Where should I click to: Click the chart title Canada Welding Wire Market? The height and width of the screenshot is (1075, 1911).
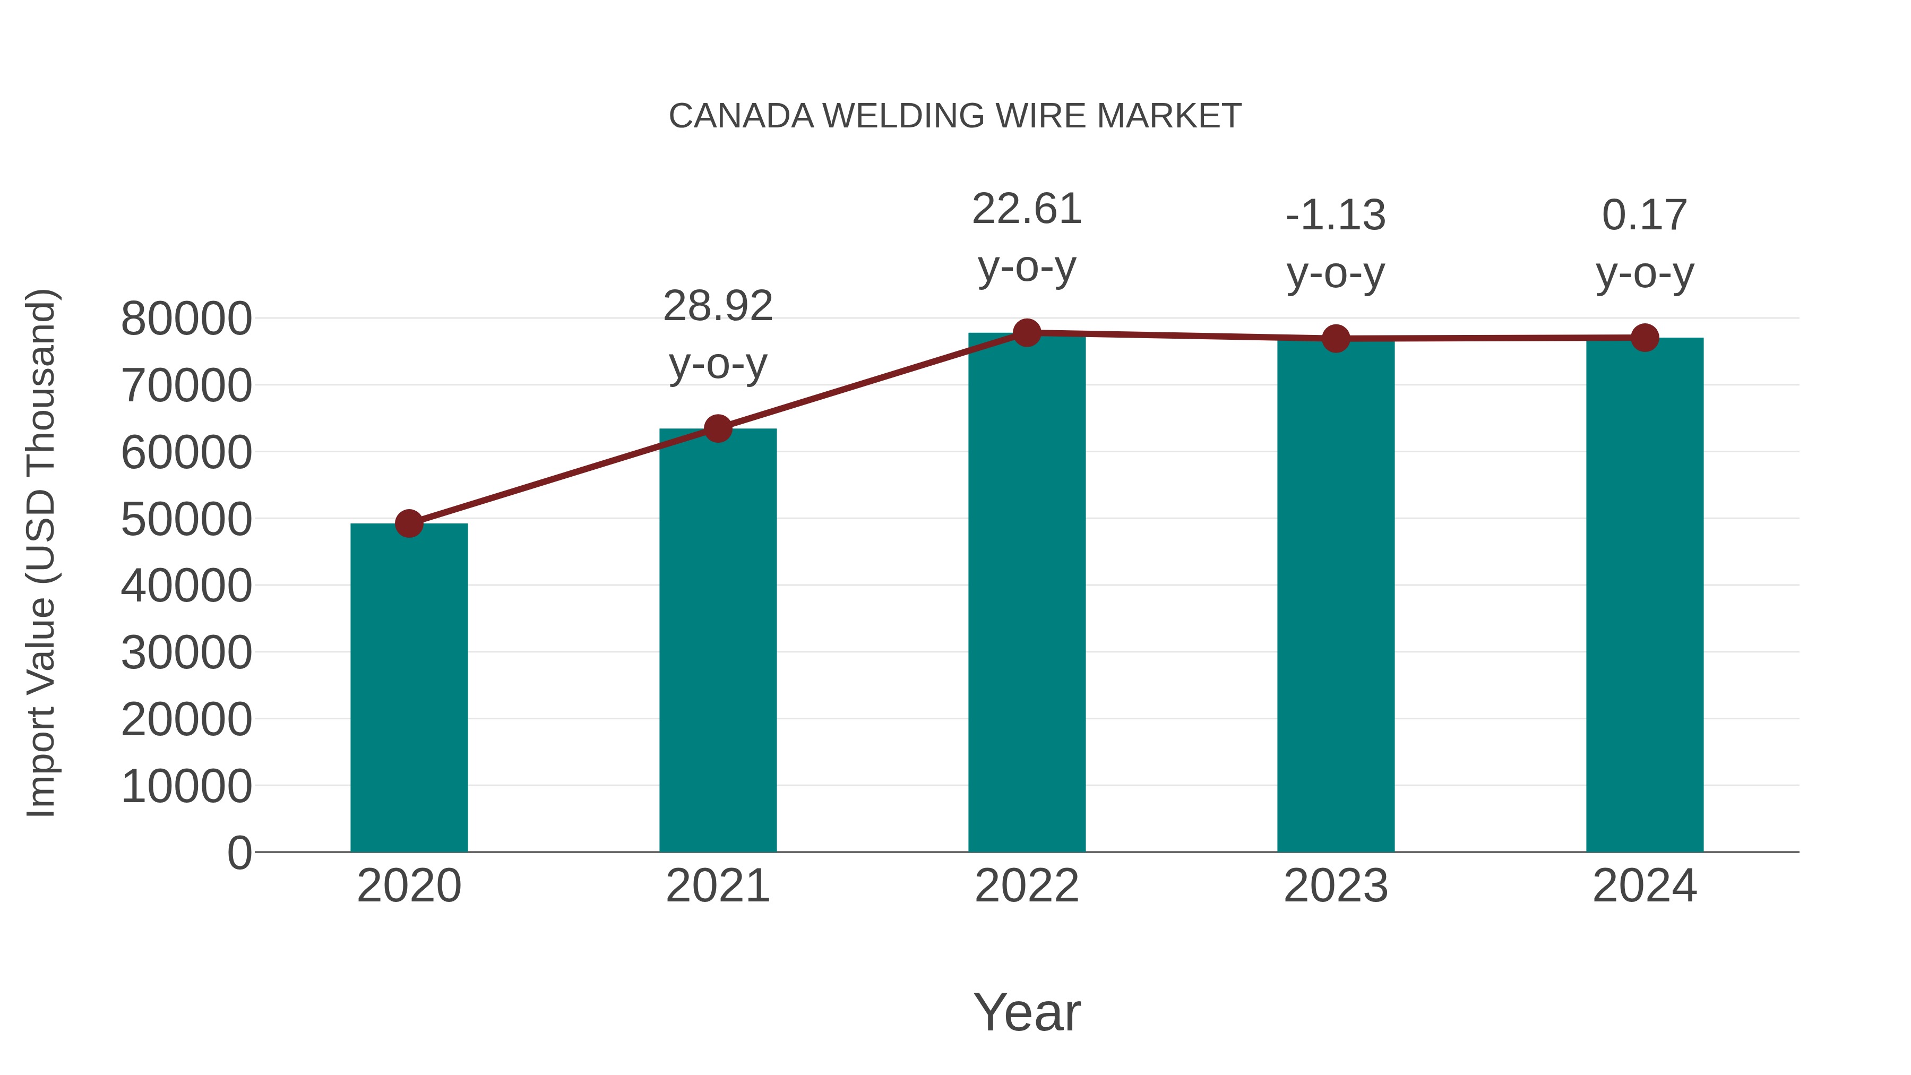(x=955, y=116)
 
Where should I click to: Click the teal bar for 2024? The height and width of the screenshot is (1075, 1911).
(x=1645, y=594)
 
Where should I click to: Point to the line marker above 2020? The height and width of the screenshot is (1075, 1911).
(x=409, y=524)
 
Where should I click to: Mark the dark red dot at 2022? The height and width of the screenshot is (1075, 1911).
(x=1027, y=333)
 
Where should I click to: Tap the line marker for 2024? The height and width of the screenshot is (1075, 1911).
(x=1645, y=338)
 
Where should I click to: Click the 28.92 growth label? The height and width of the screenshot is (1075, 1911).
(x=717, y=306)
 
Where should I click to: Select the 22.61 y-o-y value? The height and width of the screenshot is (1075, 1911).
(x=1027, y=209)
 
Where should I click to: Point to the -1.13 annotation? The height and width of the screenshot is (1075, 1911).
(x=1336, y=216)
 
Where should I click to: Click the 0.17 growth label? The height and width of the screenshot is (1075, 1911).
(x=1645, y=216)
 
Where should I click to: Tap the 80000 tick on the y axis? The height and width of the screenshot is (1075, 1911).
(x=186, y=319)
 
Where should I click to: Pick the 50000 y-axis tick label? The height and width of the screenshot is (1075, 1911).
(x=186, y=519)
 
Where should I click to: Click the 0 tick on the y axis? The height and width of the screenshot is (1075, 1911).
(x=239, y=853)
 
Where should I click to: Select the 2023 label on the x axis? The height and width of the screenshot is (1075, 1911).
(x=1336, y=886)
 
